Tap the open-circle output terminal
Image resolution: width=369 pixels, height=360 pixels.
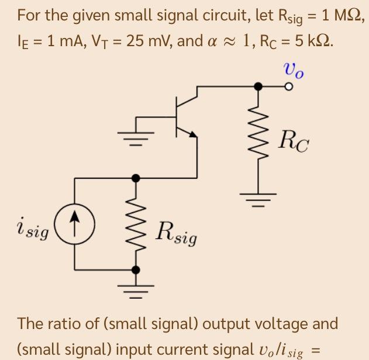point(288,86)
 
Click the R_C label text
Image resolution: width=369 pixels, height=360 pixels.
point(292,141)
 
